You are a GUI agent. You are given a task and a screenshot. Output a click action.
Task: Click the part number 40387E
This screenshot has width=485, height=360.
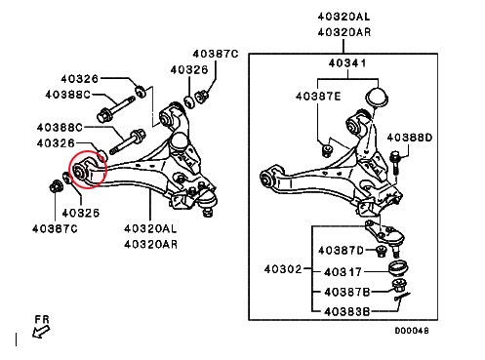318,97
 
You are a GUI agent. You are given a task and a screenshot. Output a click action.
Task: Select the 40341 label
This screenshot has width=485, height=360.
347,62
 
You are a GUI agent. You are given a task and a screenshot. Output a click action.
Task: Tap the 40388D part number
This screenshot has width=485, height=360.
410,138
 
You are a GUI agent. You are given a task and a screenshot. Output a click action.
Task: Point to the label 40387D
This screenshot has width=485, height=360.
341,250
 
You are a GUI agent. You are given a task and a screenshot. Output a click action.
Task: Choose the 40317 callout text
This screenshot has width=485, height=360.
343,271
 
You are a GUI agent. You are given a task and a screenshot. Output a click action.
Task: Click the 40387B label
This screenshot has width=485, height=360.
347,292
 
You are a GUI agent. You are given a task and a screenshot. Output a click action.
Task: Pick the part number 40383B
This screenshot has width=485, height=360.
347,312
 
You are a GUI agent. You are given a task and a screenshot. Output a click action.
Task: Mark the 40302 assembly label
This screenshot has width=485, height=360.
283,269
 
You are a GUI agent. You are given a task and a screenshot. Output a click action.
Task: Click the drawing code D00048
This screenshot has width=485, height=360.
412,331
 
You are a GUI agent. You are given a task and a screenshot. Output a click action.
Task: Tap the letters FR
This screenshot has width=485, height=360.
42,320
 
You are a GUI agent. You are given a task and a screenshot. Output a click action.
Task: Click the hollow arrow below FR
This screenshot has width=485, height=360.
41,332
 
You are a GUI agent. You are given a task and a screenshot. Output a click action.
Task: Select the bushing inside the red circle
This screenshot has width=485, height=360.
80,170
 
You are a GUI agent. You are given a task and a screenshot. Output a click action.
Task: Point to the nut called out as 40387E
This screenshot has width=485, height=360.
326,150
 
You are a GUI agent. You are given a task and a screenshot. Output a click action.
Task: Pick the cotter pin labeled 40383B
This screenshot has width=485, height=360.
402,297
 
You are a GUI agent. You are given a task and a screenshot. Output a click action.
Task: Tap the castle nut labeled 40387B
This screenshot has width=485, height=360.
397,286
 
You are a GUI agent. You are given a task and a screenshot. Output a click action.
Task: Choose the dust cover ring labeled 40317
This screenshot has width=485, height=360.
399,268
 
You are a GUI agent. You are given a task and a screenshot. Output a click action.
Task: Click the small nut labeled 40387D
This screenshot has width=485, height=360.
381,251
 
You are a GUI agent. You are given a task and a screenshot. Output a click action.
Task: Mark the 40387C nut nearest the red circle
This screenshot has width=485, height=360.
55,187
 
